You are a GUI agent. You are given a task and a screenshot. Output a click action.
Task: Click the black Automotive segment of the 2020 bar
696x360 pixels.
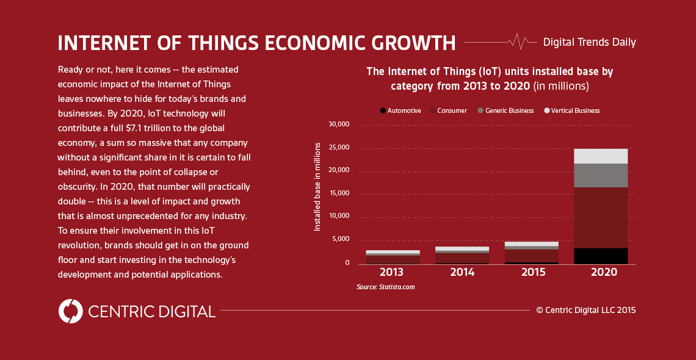point(601,256)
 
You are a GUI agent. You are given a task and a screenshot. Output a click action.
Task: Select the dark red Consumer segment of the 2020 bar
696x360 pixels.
point(601,217)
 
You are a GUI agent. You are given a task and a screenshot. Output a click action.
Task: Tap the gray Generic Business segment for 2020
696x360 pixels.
point(601,175)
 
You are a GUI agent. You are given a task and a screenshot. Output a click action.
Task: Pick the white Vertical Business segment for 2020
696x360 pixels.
point(601,156)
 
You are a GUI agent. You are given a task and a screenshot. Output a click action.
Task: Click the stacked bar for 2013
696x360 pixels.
point(393,257)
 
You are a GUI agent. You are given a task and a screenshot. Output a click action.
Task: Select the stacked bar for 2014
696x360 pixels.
point(462,256)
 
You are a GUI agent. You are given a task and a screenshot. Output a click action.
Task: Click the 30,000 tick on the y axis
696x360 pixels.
point(338,124)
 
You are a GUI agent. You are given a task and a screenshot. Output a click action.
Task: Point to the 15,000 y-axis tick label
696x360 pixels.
point(338,193)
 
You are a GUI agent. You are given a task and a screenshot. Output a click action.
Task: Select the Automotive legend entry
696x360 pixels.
point(401,110)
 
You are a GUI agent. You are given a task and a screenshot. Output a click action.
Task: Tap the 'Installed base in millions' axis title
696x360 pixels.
point(317,187)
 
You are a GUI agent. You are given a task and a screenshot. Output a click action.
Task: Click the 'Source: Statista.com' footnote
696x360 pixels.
point(385,287)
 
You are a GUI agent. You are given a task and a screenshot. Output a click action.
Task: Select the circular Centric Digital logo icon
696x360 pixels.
point(71,311)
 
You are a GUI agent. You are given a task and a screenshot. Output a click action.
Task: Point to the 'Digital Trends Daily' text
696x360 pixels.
point(589,42)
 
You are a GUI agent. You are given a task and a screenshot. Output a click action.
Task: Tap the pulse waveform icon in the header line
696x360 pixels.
point(518,41)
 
